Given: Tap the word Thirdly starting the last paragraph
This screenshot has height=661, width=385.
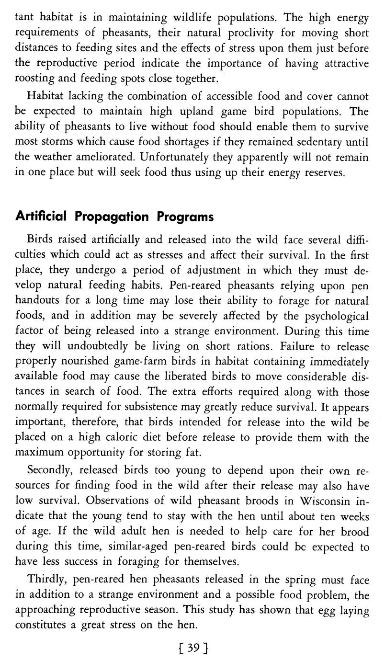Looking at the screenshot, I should pos(45,580).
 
